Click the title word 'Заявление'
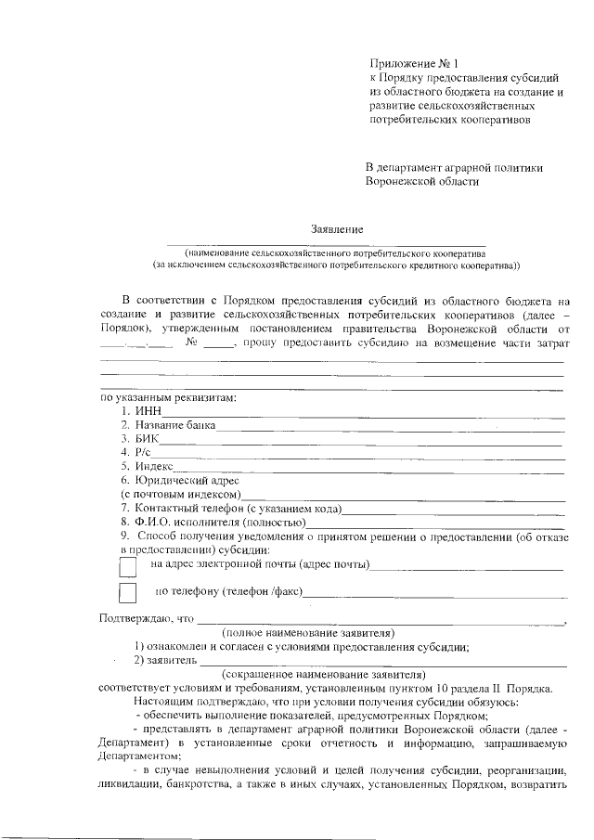pyautogui.click(x=337, y=228)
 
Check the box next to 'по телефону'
pyautogui.click(x=128, y=592)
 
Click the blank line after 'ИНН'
pyautogui.click(x=362, y=414)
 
